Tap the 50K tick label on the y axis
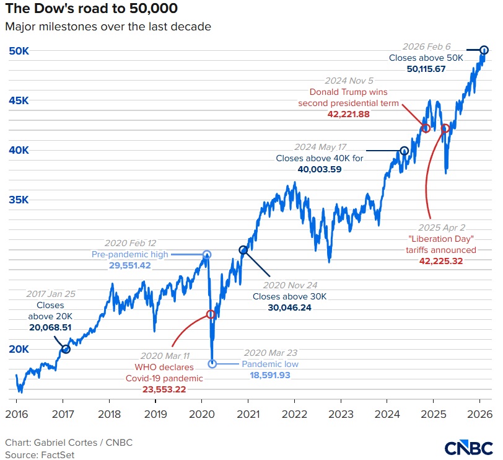point(19,51)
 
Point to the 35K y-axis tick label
point(19,200)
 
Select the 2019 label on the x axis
point(155,414)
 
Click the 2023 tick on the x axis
point(341,414)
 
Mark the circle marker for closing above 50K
point(484,50)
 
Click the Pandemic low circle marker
point(212,363)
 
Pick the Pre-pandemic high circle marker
point(207,254)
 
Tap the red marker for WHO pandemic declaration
point(211,315)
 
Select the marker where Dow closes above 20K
point(66,349)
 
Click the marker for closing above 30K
point(243,250)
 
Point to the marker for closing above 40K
point(405,150)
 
